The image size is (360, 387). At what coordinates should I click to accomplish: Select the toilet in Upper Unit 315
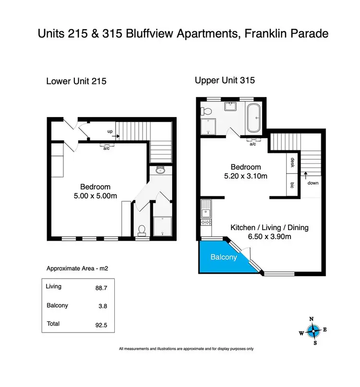[x=206, y=112]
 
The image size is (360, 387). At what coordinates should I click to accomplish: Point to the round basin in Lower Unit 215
[x=160, y=170]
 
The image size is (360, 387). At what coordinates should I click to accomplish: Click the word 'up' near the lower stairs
[x=109, y=131]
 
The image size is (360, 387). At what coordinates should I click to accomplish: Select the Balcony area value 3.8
[x=101, y=305]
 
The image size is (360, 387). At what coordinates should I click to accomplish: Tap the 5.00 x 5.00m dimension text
[x=95, y=195]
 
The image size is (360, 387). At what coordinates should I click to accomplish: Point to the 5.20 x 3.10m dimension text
[x=246, y=176]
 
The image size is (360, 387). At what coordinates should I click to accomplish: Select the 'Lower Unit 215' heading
[x=76, y=81]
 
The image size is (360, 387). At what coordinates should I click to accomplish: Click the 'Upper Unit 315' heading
[x=225, y=80]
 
